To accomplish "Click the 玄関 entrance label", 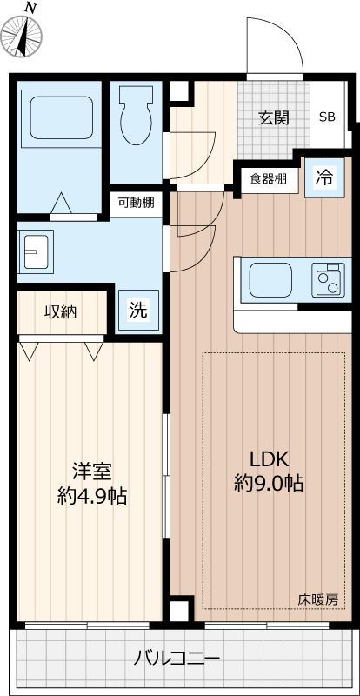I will coord(272,118).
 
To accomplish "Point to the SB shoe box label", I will coord(327,117).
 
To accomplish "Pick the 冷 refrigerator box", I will coord(323,179).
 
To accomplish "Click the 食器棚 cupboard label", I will coord(268,179).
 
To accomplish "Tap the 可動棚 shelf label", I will coord(137,203).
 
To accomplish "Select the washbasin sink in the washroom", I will coord(37,252).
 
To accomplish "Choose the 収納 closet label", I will coord(61,311).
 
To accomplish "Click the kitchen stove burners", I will coord(329,280).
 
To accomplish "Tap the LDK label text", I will coord(269,459).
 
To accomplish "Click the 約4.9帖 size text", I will coord(91,497).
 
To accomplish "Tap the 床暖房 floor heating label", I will coord(318,599).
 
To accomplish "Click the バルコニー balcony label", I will coord(177,657).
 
